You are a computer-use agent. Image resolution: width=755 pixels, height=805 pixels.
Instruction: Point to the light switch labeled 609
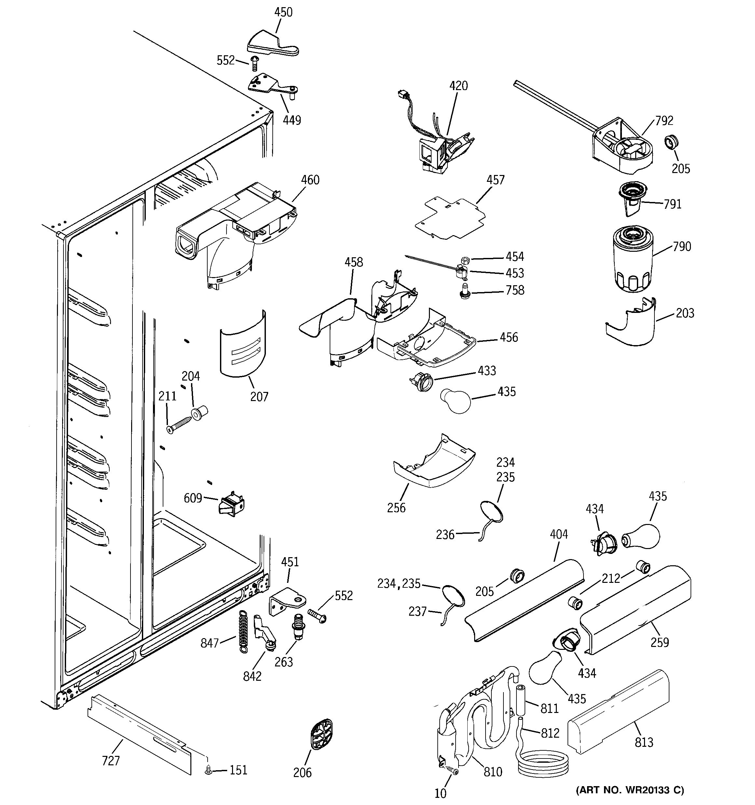coord(231,504)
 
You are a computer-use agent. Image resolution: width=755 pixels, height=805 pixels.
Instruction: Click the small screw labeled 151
coord(209,770)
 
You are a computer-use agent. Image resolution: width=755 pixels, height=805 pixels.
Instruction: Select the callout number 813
coord(644,742)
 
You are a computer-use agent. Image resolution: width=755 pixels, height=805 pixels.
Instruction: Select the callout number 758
coord(515,290)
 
